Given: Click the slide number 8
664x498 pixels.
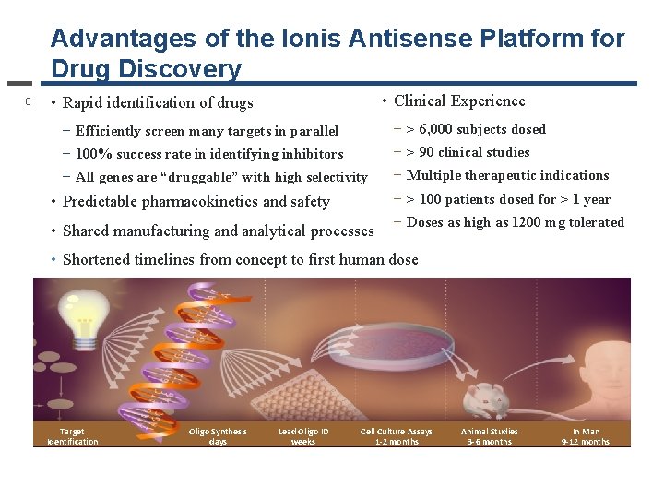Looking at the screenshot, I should (29, 101).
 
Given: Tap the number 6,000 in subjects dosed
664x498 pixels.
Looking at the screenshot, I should (435, 129).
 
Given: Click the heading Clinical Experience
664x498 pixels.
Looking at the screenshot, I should (459, 101).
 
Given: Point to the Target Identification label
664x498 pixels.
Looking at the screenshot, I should (72, 436).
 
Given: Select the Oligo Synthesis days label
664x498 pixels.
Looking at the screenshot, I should (218, 436).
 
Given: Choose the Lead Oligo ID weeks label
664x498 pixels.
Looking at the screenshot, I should (302, 436).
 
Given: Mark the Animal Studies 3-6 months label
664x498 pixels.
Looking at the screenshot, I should (489, 436).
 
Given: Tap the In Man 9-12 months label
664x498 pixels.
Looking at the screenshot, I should (585, 436).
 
